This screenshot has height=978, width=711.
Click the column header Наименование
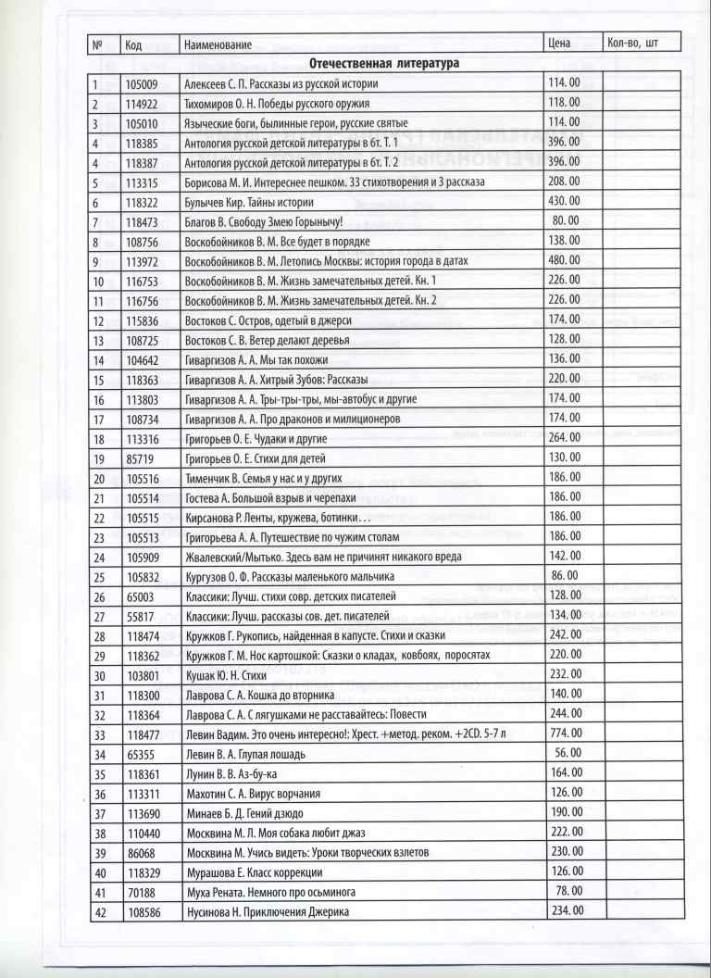[213, 44]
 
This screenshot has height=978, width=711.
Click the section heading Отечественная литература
[383, 63]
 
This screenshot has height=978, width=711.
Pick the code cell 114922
[143, 103]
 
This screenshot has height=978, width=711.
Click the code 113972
[143, 261]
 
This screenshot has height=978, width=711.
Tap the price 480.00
[564, 260]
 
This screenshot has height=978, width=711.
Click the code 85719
[140, 458]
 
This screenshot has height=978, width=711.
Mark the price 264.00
[564, 438]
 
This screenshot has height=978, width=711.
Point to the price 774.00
[564, 733]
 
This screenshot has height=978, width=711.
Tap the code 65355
[140, 754]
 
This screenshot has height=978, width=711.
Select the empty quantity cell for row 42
[642, 911]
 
